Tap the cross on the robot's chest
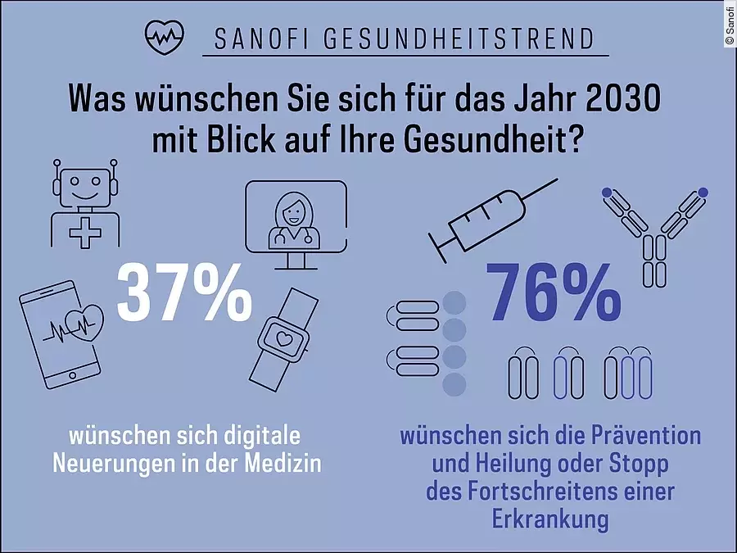click(85, 231)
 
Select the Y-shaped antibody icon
click(655, 233)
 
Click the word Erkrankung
click(550, 520)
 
